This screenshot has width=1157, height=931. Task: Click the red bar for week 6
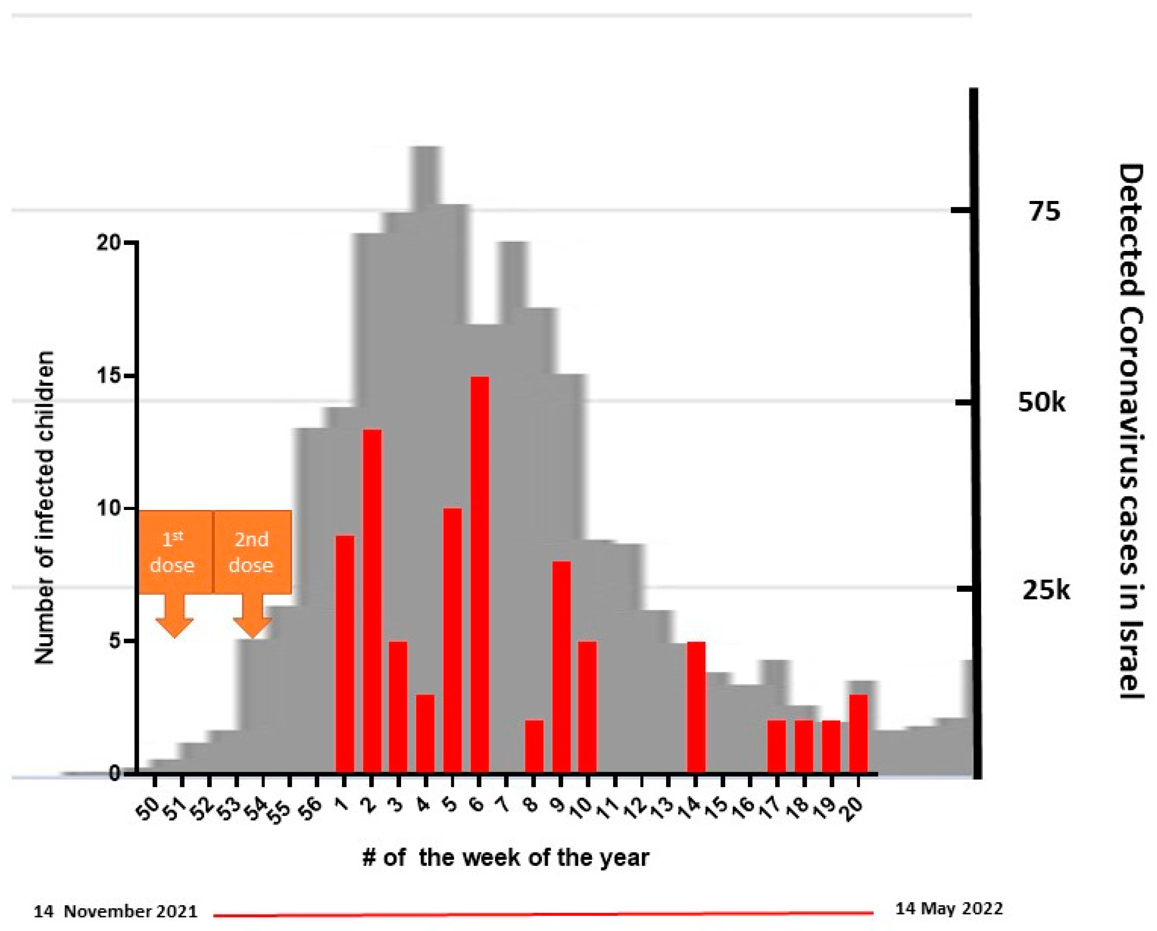[x=479, y=574]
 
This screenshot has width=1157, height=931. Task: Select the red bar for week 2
[x=372, y=601]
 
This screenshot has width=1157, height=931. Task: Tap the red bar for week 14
[x=696, y=707]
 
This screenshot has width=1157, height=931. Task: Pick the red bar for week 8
[x=534, y=746]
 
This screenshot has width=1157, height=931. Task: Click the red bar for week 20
[x=858, y=734]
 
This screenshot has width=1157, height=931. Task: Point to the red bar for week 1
[x=345, y=654]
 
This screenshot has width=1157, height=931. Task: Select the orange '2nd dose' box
[x=252, y=552]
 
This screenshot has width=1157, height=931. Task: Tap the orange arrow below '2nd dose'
[x=252, y=617]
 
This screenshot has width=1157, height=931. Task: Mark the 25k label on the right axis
[x=1045, y=590]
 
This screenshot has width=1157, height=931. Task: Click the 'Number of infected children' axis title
[x=44, y=508]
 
